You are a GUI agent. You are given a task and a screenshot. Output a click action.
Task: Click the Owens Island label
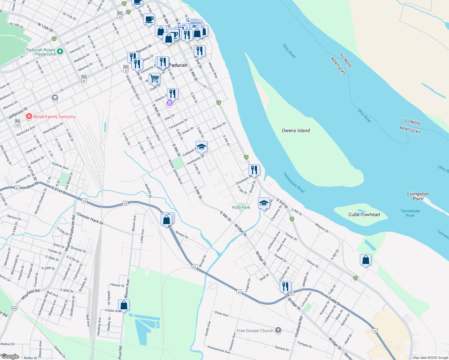tap(296, 130)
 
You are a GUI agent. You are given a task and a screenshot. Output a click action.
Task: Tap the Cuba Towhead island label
tap(364, 214)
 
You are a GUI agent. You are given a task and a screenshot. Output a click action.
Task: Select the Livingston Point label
tap(418, 196)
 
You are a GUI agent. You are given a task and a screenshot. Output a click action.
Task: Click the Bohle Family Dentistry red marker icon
tap(29, 116)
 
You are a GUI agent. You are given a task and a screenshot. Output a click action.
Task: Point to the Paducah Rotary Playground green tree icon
tap(60, 52)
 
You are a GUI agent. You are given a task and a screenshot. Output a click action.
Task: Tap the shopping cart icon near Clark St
tap(154, 79)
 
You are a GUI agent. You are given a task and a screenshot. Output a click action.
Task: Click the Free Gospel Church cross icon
tap(278, 330)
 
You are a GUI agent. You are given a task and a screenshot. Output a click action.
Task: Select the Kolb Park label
tap(241, 207)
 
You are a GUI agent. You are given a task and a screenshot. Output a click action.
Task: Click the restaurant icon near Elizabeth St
tap(254, 170)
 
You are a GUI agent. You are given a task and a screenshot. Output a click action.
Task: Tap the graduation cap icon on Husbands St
tap(201, 147)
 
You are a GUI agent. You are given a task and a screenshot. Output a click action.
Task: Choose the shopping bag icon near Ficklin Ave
tap(124, 305)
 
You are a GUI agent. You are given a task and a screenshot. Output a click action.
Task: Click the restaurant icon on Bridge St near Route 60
tap(285, 286)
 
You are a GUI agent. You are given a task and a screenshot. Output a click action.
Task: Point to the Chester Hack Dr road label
tap(90, 219)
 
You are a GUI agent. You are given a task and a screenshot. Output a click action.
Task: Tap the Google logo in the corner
tap(10, 356)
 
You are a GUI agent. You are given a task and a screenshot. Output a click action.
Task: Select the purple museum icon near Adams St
tap(169, 103)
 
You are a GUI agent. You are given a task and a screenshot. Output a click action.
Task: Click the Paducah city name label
tap(178, 65)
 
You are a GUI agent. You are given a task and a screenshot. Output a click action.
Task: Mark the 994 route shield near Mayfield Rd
tap(14, 308)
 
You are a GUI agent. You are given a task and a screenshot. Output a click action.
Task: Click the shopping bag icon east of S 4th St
tap(366, 260)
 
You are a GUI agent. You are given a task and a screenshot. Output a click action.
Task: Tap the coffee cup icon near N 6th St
tap(149, 19)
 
